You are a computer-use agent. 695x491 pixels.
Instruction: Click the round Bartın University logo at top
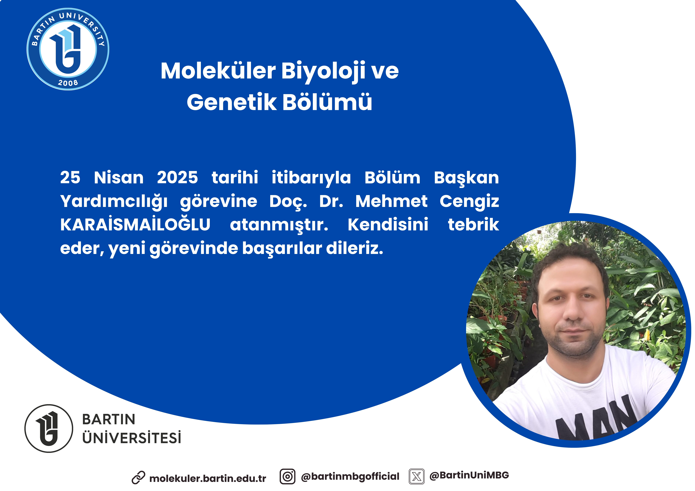click(x=68, y=49)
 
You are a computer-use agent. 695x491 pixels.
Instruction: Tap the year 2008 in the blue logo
click(x=68, y=83)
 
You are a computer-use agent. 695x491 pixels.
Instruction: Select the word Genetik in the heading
click(x=232, y=102)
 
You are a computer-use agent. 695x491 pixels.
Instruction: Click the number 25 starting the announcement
click(x=70, y=178)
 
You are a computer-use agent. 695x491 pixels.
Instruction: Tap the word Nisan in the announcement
click(x=119, y=178)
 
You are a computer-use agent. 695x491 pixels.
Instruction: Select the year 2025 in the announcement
click(x=177, y=178)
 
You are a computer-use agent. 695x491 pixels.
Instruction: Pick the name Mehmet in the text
click(x=391, y=201)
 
